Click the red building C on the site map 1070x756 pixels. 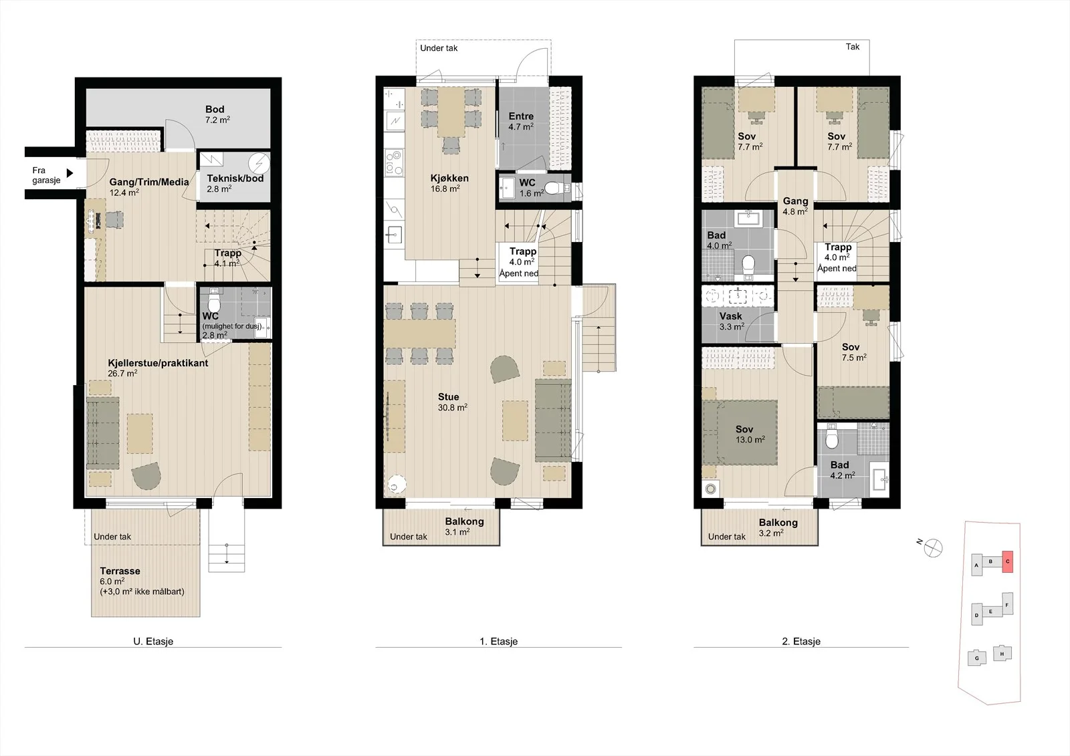1007,561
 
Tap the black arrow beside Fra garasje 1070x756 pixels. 70,173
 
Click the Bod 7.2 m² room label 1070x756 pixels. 217,114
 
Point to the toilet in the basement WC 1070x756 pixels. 213,300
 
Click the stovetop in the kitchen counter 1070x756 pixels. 395,162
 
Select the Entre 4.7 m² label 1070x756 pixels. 521,121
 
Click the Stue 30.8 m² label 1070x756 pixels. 452,402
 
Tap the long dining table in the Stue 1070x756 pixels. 420,334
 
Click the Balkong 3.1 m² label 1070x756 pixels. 464,526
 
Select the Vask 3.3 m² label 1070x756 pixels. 732,322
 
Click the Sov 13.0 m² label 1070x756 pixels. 750,434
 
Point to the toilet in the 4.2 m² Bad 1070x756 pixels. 832,436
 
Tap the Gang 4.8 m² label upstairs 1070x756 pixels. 795,206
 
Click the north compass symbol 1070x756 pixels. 933,547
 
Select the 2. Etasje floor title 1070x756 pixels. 801,642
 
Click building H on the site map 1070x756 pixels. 1002,653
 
